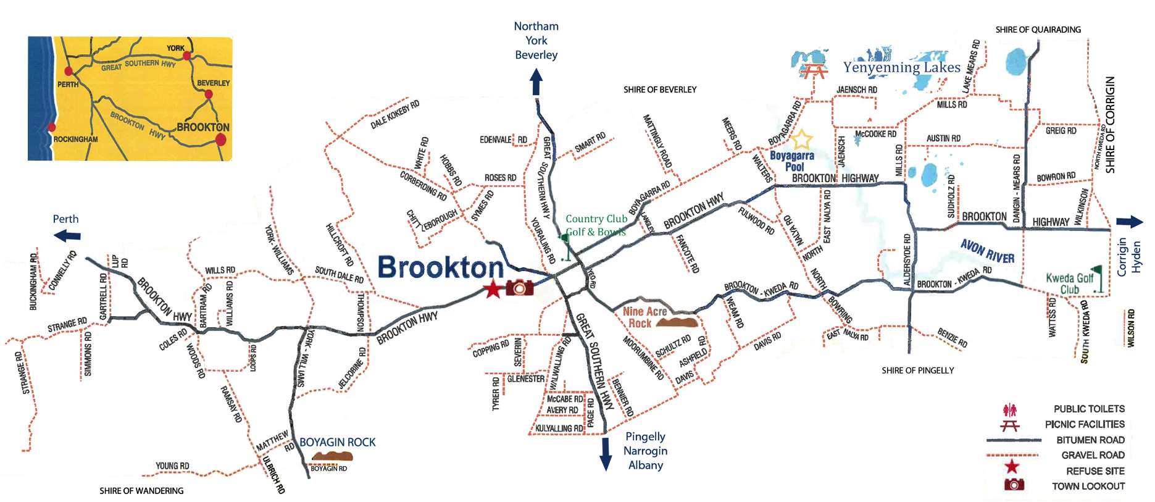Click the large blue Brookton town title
tap(440, 267)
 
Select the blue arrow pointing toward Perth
tap(67, 235)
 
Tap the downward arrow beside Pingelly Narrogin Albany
tap(606, 454)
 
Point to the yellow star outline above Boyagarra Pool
tap(801, 140)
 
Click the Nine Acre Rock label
tap(644, 317)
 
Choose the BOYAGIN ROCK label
tap(337, 442)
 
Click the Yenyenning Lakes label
tap(901, 67)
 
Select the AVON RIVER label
tap(987, 251)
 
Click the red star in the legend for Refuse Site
tap(1011, 467)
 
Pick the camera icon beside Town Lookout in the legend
tap(1014, 485)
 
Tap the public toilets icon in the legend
tap(1010, 409)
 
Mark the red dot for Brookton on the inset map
tap(220, 140)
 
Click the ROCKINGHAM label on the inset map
tap(75, 140)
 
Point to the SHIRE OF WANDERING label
tap(141, 491)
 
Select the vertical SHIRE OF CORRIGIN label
tap(1110, 125)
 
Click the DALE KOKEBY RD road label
tap(394, 114)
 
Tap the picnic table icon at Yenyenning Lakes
tap(814, 71)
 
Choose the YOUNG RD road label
tap(172, 466)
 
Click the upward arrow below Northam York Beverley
tap(536, 82)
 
